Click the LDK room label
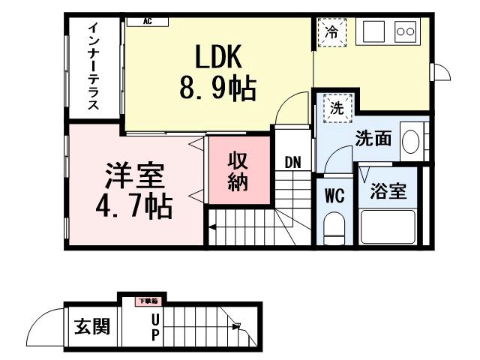tap(217, 58)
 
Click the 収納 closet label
tap(238, 171)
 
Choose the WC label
tap(334, 196)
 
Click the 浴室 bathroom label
tap(389, 191)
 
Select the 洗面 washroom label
tap(373, 139)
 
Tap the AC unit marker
tap(147, 22)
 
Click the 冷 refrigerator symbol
tap(331, 31)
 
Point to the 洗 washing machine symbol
tap(337, 107)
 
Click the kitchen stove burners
tap(405, 31)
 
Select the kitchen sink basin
tap(373, 32)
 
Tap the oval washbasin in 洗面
tap(410, 140)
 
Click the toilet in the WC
tap(334, 227)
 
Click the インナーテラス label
tap(93, 67)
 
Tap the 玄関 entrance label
tap(91, 327)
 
